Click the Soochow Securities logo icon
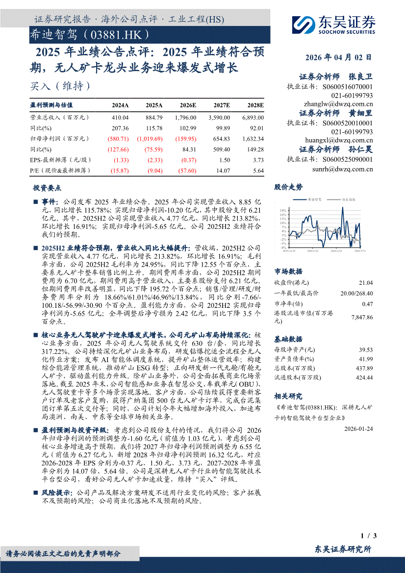point(304,24)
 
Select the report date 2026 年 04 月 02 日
point(338,57)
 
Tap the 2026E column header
point(188,105)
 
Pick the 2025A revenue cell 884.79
point(154,118)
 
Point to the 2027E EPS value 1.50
point(224,160)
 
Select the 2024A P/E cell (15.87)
point(120,171)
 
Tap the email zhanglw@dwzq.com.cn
point(338,104)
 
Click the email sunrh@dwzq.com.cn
point(342,169)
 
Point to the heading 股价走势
point(288,187)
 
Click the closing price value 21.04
point(366,283)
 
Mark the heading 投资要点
point(47,188)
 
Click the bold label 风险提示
point(56,492)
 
